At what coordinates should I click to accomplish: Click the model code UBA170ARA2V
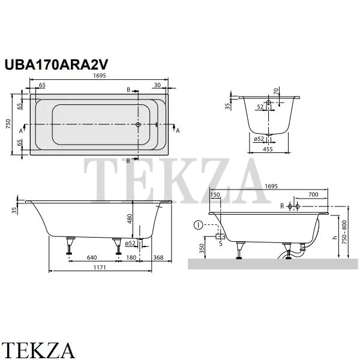[56, 65]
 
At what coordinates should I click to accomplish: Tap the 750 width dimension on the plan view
[8, 124]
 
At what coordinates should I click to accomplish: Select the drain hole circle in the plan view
[138, 125]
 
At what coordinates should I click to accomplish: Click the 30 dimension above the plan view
[157, 85]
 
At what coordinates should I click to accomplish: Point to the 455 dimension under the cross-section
[268, 149]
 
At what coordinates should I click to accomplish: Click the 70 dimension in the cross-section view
[276, 91]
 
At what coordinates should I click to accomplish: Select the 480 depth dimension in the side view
[130, 219]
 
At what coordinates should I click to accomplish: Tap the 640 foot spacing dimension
[92, 257]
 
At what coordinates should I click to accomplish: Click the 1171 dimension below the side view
[100, 268]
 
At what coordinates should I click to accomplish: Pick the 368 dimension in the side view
[158, 257]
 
